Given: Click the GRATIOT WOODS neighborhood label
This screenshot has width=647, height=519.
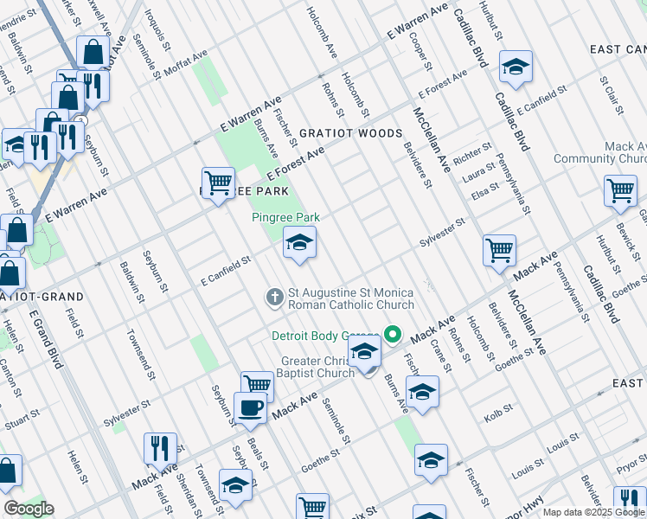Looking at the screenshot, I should tap(350, 133).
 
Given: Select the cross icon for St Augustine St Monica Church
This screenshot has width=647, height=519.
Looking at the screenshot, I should tap(274, 298).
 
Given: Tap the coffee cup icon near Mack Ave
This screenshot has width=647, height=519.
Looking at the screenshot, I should tap(250, 408).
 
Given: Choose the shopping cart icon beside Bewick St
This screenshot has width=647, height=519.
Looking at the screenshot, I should tap(620, 191).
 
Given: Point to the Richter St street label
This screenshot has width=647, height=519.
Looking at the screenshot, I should tap(471, 153).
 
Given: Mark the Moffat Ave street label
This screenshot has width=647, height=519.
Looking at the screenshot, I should tap(188, 61).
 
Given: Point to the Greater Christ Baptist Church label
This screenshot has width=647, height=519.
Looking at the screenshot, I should tap(317, 367).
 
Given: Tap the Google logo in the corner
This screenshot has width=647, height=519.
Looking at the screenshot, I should tap(29, 509).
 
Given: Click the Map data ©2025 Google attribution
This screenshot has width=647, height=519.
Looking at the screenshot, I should tap(593, 512).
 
